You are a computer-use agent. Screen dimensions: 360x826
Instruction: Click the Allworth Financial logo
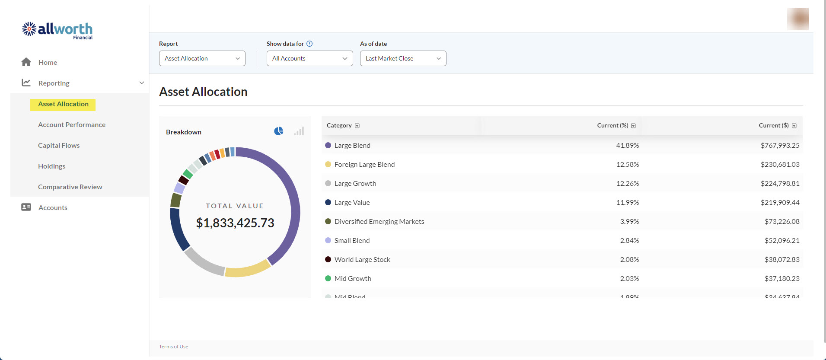tap(57, 31)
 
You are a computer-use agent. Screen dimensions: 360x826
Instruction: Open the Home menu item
tap(48, 62)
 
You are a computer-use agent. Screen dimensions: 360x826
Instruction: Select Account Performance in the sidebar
tap(72, 124)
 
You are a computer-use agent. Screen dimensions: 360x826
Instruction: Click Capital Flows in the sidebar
tap(59, 145)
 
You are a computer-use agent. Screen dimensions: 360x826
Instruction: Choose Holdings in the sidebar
tap(51, 166)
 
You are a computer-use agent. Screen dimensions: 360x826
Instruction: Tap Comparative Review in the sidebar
tap(70, 187)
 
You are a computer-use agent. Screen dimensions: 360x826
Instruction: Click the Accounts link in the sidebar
tap(53, 207)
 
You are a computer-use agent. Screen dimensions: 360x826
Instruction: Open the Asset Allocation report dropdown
tap(202, 58)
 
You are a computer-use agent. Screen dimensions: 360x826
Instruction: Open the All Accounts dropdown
tap(309, 58)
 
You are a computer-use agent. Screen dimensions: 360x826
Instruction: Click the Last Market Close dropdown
tap(403, 58)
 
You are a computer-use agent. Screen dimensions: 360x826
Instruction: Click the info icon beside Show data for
tap(309, 44)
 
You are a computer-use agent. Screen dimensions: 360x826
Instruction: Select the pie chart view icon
tap(279, 131)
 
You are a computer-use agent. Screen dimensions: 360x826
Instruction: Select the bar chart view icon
tap(299, 131)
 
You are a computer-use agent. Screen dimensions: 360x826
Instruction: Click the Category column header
tap(339, 125)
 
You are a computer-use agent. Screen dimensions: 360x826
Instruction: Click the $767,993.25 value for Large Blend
tap(780, 145)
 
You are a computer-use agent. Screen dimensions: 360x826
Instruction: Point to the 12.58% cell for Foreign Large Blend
tap(627, 164)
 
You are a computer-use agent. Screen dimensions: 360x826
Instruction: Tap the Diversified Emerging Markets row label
tap(379, 221)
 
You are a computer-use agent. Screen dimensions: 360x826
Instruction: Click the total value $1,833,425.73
tap(235, 223)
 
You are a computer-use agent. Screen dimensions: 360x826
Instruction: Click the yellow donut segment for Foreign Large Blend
tap(247, 270)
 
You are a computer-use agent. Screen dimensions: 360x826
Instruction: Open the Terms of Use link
tap(173, 347)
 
